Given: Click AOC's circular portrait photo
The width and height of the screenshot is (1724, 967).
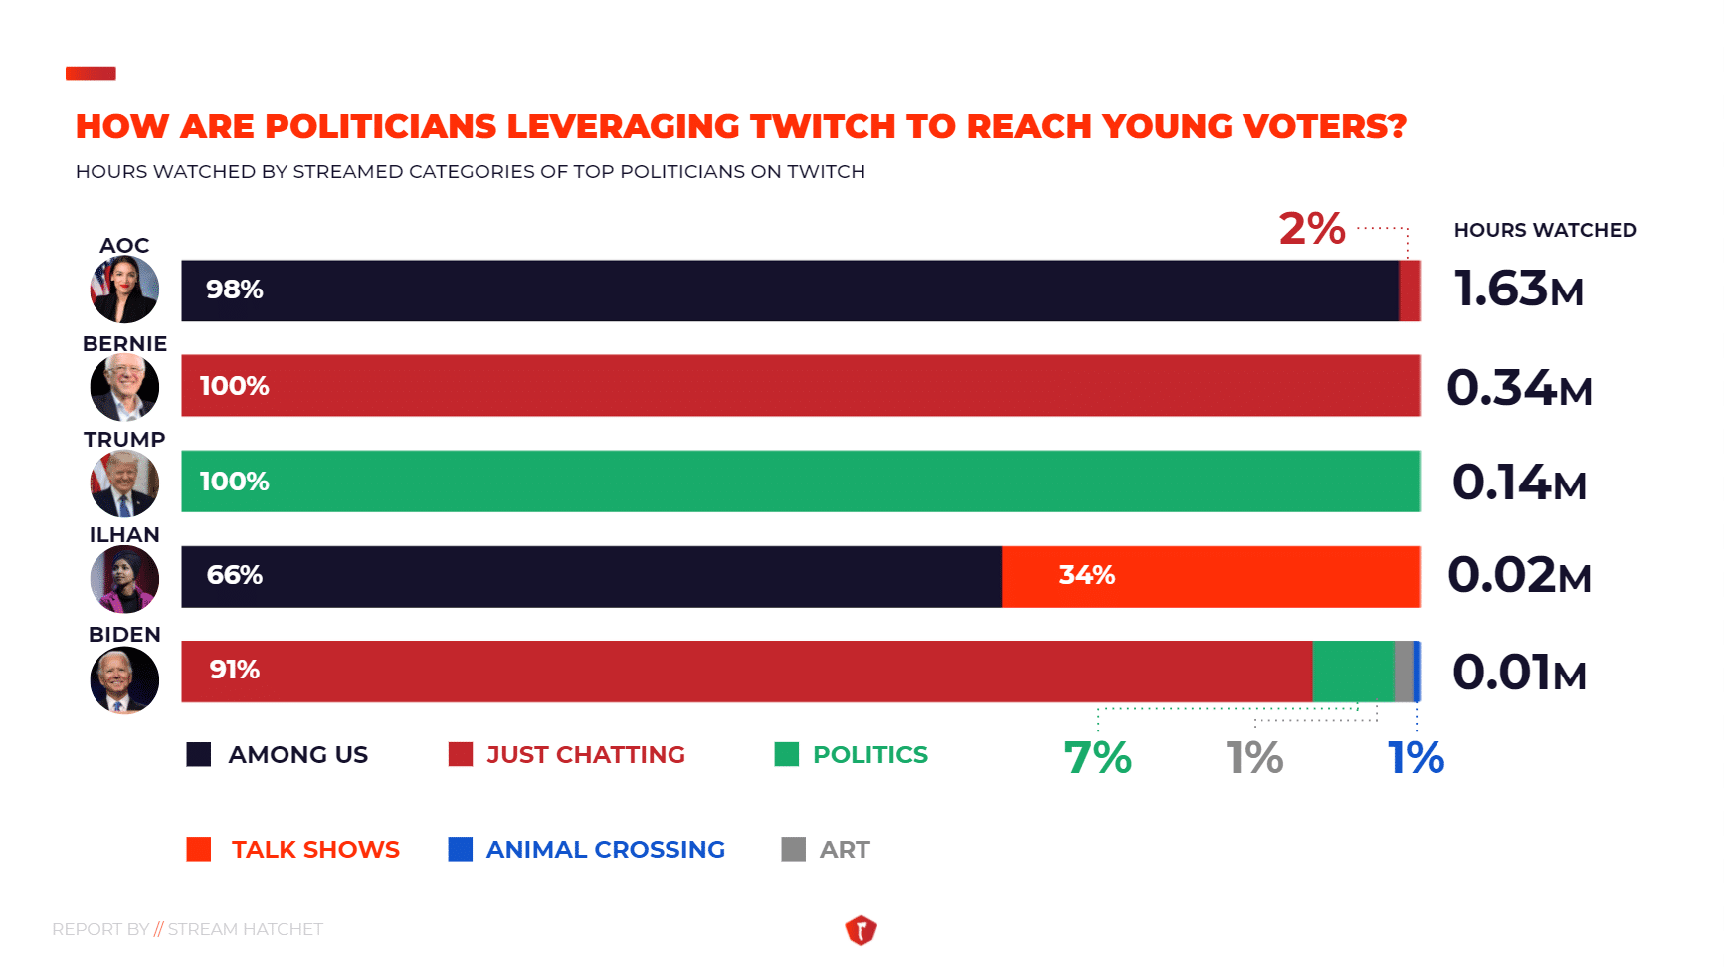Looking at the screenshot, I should pos(124,290).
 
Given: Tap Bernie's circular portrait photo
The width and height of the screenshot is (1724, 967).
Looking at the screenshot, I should pos(124,387).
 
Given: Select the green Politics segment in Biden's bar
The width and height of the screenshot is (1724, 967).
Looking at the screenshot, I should pos(1353,672).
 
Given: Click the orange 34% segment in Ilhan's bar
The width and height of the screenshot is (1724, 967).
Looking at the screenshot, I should pos(1210,576).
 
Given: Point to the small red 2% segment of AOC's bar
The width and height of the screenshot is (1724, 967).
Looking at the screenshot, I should pos(1410,290).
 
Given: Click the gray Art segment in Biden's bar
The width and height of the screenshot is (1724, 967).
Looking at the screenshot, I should pos(1404,672).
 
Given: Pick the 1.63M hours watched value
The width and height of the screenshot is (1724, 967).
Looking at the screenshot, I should pos(1518,290).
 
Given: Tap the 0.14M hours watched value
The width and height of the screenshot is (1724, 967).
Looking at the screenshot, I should pos(1518,483).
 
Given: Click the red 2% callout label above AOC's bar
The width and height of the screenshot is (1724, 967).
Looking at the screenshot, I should pos(1312,229).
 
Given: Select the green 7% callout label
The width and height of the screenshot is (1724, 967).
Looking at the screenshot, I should pos(1097,758).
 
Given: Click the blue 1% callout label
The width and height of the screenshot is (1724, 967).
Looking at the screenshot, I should pos(1416,758).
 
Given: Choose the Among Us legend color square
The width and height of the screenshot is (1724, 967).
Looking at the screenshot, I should pos(199,754).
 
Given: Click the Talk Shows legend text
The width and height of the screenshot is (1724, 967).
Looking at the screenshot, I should pos(315,850).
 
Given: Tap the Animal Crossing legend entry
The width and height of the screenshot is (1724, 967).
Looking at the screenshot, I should pos(605,850).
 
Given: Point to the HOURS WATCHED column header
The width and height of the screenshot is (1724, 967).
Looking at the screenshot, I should pos(1545,230).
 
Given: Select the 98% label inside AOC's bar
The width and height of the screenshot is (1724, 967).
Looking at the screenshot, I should pos(235,290).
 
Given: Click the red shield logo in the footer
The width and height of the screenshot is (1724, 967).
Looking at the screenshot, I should pos(861,930).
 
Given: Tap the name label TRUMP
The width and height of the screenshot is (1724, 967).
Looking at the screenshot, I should pos(124,439).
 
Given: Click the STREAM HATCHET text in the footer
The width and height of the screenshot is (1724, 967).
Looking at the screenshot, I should pos(245,929).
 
